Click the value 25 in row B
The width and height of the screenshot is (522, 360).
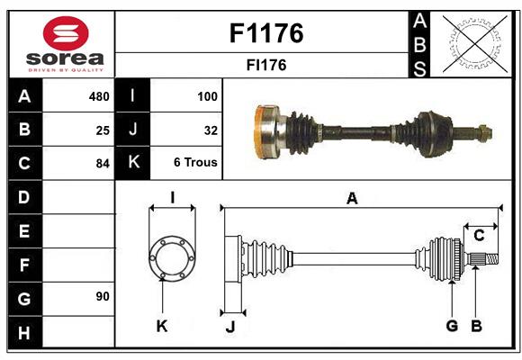tap(103, 130)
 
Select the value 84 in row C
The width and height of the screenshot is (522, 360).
tap(103, 164)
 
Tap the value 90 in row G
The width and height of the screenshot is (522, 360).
tap(103, 295)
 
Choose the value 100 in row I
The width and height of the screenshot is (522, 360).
tap(207, 95)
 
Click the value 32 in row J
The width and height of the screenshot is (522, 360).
tap(211, 130)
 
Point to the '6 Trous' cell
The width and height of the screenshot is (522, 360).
tap(195, 163)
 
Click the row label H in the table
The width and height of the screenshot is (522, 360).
tap(24, 333)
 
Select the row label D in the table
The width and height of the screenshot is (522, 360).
tap(24, 196)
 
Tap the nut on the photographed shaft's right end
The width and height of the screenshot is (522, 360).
tap(485, 133)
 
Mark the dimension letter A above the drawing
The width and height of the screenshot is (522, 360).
tap(352, 199)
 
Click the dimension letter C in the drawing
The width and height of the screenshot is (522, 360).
tap(479, 236)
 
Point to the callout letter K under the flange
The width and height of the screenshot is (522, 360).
tap(162, 326)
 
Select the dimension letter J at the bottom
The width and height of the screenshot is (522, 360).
tap(229, 327)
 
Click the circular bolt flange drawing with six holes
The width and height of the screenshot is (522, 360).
tap(171, 258)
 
